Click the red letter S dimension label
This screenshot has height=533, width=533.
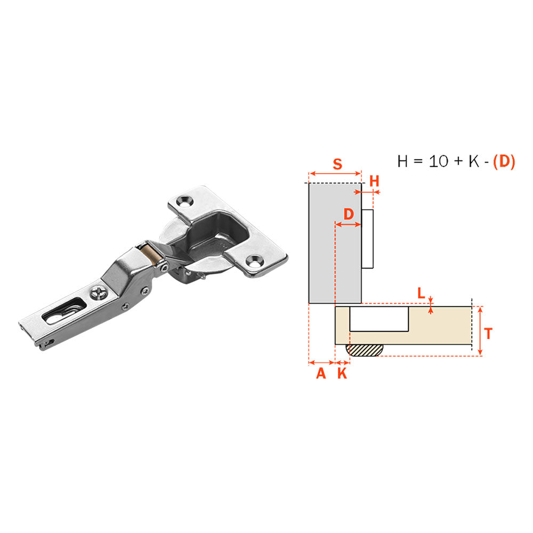tap(337, 164)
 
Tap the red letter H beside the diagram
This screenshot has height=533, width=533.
tap(374, 181)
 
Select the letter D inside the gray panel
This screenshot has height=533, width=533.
tap(349, 214)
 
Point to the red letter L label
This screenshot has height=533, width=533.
tap(421, 293)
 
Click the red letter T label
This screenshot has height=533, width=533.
tap(488, 334)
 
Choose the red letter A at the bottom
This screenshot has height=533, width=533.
tap(321, 374)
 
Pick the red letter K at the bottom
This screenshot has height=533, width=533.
tap(342, 374)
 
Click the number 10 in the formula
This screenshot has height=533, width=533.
tap(439, 161)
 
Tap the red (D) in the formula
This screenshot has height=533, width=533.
tap(504, 161)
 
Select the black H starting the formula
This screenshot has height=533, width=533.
tap(402, 161)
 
